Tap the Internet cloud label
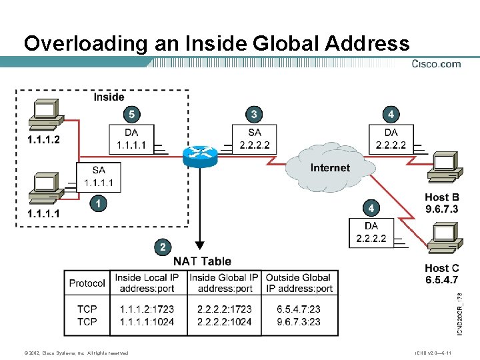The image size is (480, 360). click(x=330, y=167)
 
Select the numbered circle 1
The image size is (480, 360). click(x=98, y=203)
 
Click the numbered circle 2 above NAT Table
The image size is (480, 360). click(x=161, y=247)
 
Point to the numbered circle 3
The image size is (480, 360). click(x=253, y=114)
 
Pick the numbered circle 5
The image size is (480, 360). click(x=131, y=114)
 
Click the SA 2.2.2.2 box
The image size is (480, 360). click(x=255, y=139)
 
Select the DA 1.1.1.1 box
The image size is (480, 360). click(x=131, y=139)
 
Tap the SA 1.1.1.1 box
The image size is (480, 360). click(x=99, y=177)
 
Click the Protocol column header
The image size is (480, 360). click(x=87, y=283)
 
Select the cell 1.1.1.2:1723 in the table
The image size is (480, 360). click(x=147, y=309)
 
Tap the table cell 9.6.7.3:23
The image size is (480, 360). click(x=299, y=321)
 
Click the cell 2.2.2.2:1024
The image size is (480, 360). click(x=225, y=321)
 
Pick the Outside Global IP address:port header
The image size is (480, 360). click(x=299, y=283)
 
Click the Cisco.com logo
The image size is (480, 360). click(x=436, y=64)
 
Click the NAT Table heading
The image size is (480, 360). click(x=202, y=261)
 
